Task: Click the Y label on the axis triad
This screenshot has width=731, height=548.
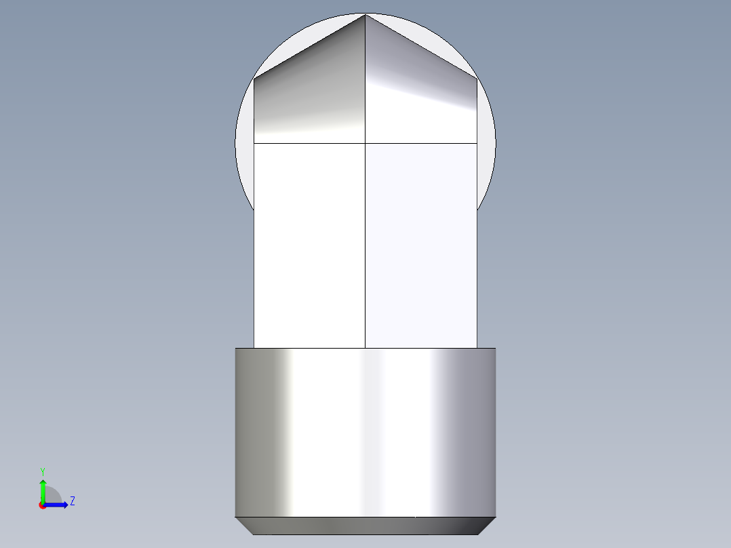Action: point(43,471)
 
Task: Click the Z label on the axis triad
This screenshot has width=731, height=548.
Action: point(72,501)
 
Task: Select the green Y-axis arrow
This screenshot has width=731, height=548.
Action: point(43,490)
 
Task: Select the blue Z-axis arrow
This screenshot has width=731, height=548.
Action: point(57,505)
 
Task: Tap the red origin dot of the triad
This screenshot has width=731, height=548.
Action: point(42,505)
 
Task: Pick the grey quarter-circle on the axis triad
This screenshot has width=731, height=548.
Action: point(53,496)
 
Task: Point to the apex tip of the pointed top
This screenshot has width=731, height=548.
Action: point(365,15)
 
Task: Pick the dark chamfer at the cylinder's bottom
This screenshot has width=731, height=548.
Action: point(365,526)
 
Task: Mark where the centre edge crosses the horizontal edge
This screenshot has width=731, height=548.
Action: point(365,143)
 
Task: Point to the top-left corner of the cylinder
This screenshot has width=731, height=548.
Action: point(236,349)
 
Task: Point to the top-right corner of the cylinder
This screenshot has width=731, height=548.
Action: point(495,349)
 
